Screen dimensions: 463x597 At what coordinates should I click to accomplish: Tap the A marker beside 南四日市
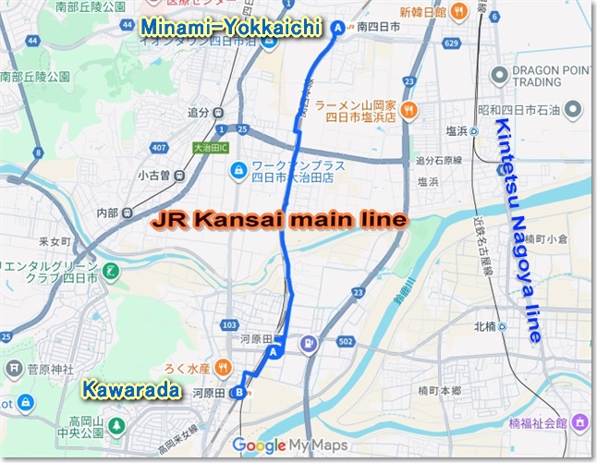(337, 29)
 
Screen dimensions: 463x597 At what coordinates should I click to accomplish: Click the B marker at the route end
(239, 392)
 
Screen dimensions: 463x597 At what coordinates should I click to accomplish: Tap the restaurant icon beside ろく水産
(223, 368)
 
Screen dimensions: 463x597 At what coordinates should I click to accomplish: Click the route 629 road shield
(451, 43)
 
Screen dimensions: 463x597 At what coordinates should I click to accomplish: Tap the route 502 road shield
(346, 343)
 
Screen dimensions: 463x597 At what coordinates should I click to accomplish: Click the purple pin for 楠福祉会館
(581, 422)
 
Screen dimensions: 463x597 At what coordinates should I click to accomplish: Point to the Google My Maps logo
(287, 446)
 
